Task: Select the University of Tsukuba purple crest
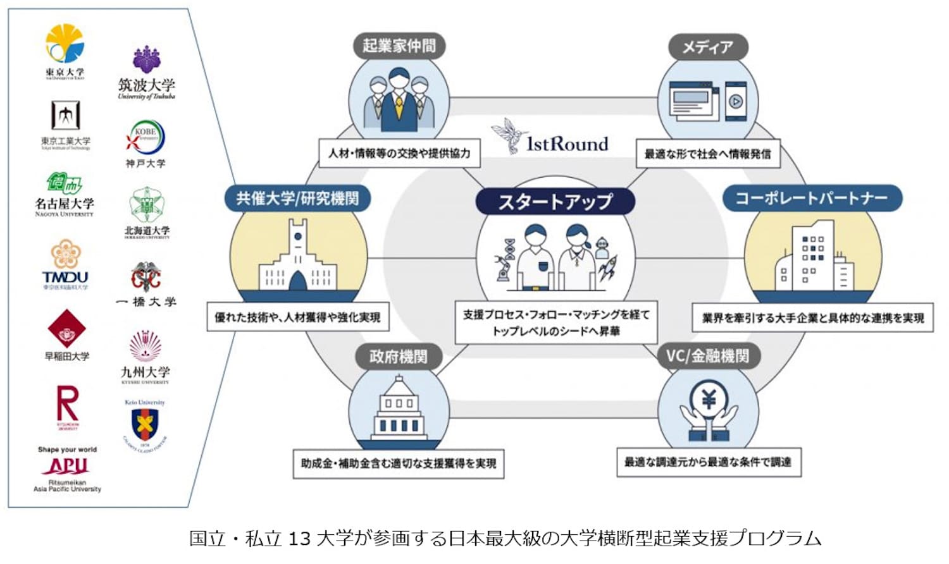pyautogui.click(x=146, y=59)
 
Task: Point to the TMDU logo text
pyautogui.click(x=65, y=277)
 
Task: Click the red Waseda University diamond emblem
pyautogui.click(x=66, y=329)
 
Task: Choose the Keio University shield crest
pyautogui.click(x=145, y=425)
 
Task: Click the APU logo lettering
pyautogui.click(x=67, y=466)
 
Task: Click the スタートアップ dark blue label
pyautogui.click(x=555, y=202)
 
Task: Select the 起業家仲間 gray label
pyautogui.click(x=399, y=46)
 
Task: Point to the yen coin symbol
pyautogui.click(x=709, y=399)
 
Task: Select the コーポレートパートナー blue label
pyautogui.click(x=812, y=199)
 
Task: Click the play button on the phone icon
pyautogui.click(x=735, y=101)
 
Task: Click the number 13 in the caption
pyautogui.click(x=299, y=539)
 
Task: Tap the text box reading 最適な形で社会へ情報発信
pyautogui.click(x=707, y=154)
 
